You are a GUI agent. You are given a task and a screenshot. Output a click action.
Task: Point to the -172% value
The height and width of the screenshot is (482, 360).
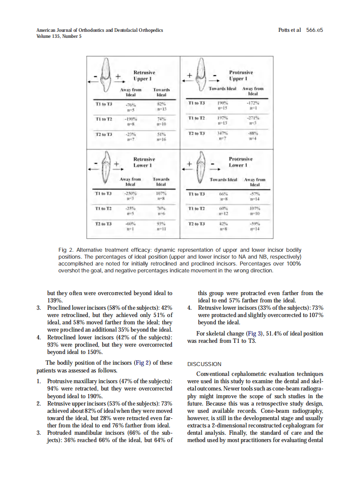(x=252, y=104)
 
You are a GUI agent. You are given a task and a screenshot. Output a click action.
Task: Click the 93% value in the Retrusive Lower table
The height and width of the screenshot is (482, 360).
(x=162, y=224)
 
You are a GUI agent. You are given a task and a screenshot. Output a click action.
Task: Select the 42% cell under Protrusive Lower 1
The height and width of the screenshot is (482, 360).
(x=223, y=224)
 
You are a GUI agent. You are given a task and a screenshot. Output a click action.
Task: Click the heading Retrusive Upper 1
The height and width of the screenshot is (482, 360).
(x=144, y=76)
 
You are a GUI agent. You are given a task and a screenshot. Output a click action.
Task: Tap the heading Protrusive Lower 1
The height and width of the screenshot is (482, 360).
(x=241, y=162)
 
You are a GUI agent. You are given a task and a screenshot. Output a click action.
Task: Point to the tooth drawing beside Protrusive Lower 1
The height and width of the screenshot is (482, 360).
(x=199, y=168)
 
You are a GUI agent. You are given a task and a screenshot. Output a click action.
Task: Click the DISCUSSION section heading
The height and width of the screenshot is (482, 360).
(x=204, y=364)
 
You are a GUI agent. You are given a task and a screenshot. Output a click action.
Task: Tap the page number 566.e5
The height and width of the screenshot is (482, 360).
(x=314, y=30)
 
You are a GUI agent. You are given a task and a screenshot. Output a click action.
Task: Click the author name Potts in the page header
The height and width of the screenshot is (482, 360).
(x=285, y=30)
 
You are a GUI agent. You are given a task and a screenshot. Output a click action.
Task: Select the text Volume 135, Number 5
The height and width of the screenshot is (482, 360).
(x=59, y=36)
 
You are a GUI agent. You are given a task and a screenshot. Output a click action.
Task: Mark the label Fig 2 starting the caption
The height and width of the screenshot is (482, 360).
(x=64, y=250)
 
